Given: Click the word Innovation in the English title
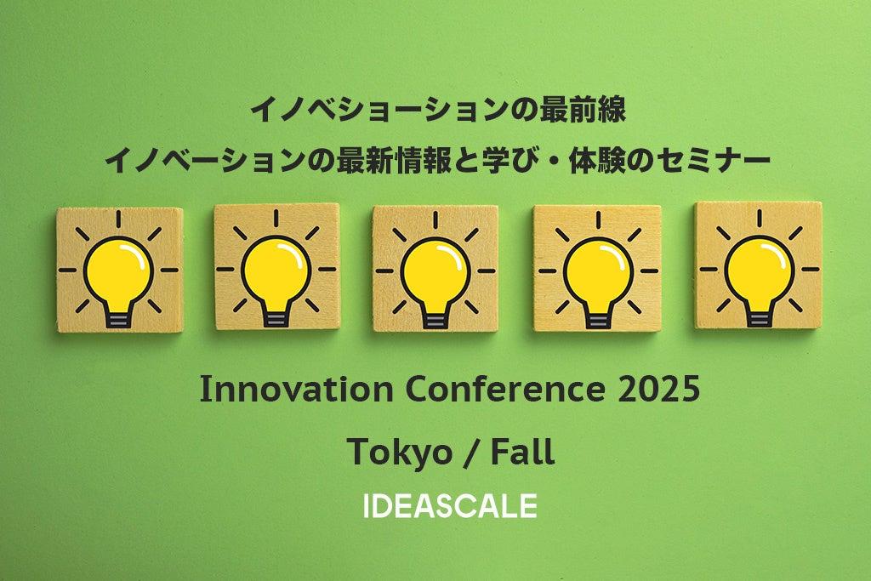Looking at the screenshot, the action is (x=296, y=390).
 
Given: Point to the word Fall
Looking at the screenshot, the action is (x=522, y=452).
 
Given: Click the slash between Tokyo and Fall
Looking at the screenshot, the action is (x=470, y=453).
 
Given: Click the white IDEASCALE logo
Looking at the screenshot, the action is (x=450, y=505).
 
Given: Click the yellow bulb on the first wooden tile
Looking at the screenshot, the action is (x=118, y=272).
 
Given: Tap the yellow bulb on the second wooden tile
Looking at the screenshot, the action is (x=276, y=271).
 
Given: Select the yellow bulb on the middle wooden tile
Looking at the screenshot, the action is (x=435, y=273).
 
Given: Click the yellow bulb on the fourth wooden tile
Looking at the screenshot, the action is (x=598, y=273).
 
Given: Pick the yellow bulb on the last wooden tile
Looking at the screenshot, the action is (x=760, y=271).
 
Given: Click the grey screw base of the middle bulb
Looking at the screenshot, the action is (x=435, y=321).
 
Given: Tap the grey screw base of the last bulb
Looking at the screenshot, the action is (x=760, y=318).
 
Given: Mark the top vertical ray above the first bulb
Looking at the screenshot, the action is (x=118, y=219).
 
